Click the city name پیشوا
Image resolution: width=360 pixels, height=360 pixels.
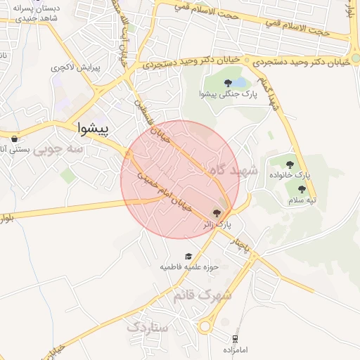pyautogui.click(x=91, y=129)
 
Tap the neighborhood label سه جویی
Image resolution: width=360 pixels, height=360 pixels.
pyautogui.click(x=59, y=148)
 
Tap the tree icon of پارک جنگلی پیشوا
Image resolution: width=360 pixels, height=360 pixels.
pyautogui.click(x=228, y=84)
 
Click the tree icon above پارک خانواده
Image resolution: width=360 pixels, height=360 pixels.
pyautogui.click(x=290, y=165)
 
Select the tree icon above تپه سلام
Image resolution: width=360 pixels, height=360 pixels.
pyautogui.click(x=302, y=189)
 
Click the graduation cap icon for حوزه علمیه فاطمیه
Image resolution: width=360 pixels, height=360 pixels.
pyautogui.click(x=188, y=256)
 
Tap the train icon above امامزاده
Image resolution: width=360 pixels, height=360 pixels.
pyautogui.click(x=233, y=338)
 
